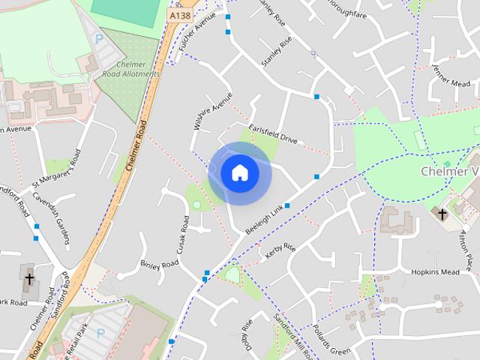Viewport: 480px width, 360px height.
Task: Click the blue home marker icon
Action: pyautogui.click(x=240, y=173)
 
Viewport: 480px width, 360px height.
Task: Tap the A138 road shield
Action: pyautogui.click(x=179, y=15)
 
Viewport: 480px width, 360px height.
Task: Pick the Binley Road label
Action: pyautogui.click(x=159, y=264)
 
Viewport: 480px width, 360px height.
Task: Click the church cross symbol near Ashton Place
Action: pyautogui.click(x=442, y=214)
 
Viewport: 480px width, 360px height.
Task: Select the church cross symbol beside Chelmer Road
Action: pyautogui.click(x=29, y=279)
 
